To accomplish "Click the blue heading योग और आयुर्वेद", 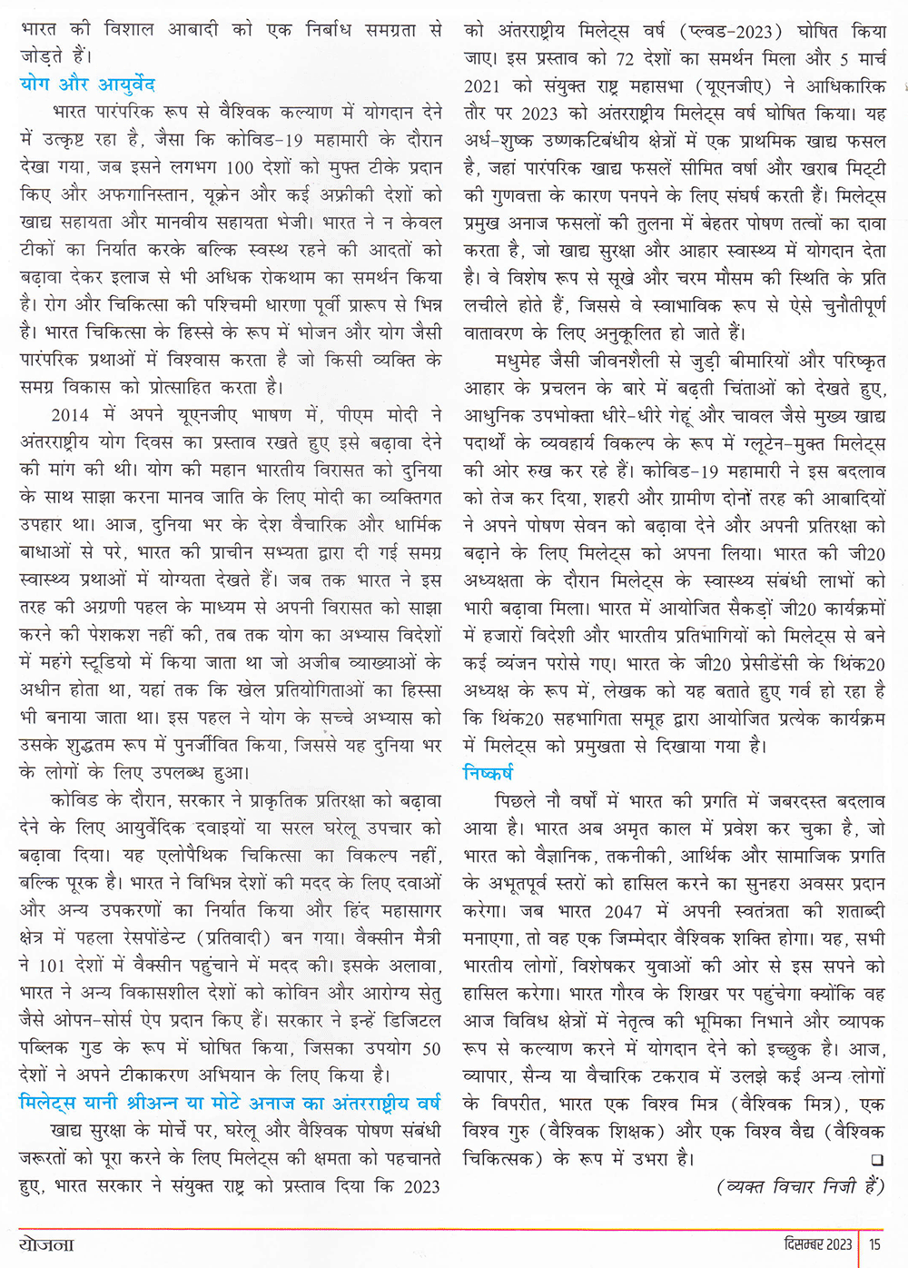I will [87, 84].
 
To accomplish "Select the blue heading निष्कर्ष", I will [489, 773].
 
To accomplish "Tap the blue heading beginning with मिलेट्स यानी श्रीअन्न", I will [230, 1103].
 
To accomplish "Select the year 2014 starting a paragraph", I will [70, 415].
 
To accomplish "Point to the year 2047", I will [624, 911].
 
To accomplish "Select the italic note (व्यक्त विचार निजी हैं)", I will [800, 1187].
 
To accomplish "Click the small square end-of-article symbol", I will [876, 1160].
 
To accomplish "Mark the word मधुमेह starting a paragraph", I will [521, 361].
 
